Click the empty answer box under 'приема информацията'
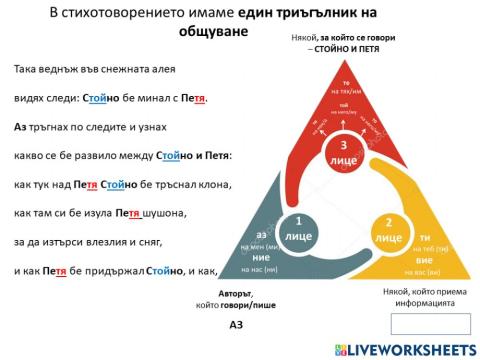tap(428, 322)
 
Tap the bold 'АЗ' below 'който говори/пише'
tap(236, 326)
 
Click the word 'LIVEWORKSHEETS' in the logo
tap(412, 349)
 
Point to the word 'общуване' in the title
tap(209, 31)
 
